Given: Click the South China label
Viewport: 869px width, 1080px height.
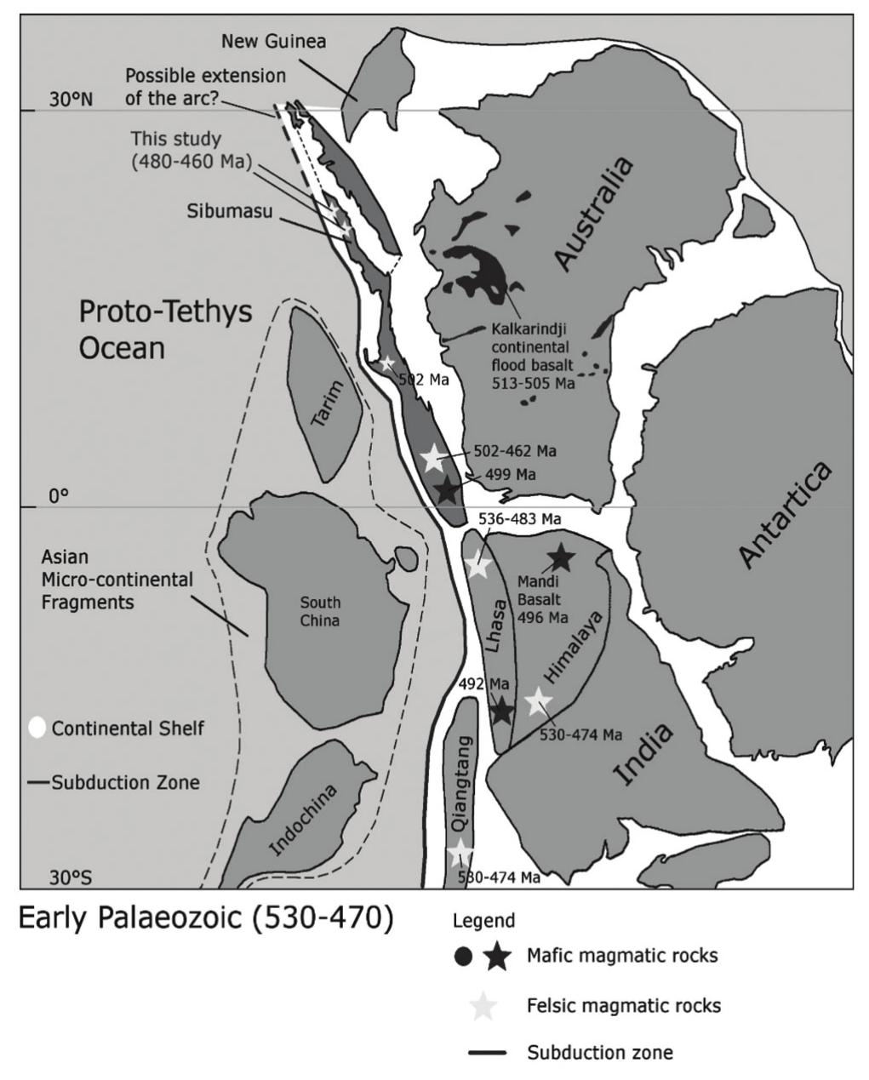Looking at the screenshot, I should coord(319,611).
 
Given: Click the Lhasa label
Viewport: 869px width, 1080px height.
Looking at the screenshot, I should coord(492,626).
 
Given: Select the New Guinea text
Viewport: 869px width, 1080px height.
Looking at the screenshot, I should coord(273,41).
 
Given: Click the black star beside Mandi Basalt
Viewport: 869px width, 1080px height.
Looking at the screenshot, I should coord(561,557).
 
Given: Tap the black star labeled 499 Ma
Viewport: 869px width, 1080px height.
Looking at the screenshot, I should coord(447,490).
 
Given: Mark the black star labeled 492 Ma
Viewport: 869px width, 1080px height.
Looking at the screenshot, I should coord(501,710).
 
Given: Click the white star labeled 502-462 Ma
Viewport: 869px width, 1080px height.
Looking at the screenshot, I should coord(432,458).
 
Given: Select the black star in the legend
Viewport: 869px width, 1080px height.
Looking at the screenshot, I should coord(497,957).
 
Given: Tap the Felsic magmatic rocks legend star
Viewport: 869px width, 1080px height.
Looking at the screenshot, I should coord(483,1006).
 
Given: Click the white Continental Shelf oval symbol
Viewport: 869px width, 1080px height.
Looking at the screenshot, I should coord(37,728).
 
